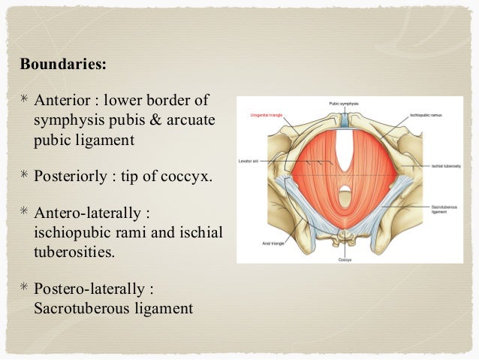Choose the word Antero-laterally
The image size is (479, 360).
[x=89, y=214]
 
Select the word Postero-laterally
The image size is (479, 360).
[x=93, y=289]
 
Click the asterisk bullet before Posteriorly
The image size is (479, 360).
[x=25, y=177]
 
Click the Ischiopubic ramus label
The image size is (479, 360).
[x=424, y=114]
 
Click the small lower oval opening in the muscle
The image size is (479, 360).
[x=342, y=191]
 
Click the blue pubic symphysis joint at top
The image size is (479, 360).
[x=342, y=119]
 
